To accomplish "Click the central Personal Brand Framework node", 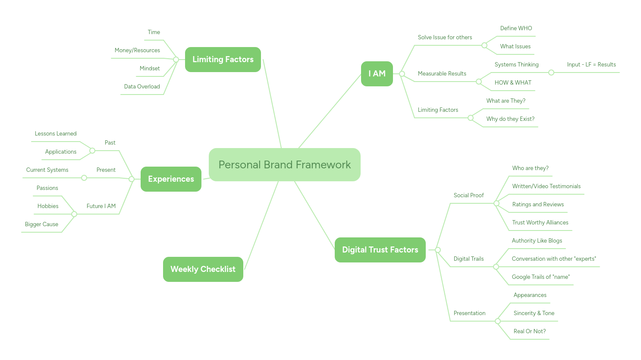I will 284,164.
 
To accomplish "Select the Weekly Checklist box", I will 203,269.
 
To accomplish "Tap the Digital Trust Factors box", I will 380,249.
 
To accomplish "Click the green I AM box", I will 377,73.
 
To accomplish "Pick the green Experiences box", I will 171,179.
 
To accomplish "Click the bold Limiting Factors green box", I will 223,59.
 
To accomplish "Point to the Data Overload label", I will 142,86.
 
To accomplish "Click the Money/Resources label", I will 137,50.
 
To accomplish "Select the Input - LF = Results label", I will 591,64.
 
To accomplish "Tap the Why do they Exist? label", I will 510,119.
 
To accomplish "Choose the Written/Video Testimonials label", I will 546,186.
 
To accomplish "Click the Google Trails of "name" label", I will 540,277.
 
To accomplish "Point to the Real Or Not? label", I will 529,331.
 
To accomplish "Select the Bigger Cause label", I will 41,224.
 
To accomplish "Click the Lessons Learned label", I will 56,133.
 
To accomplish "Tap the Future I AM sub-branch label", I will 101,206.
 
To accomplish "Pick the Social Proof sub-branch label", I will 468,195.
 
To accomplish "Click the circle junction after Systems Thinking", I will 551,73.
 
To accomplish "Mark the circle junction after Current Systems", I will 84,178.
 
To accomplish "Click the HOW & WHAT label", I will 513,82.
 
